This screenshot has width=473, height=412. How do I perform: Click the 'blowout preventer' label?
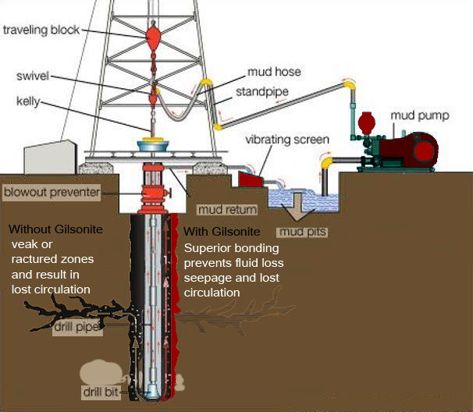(x=50, y=191)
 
